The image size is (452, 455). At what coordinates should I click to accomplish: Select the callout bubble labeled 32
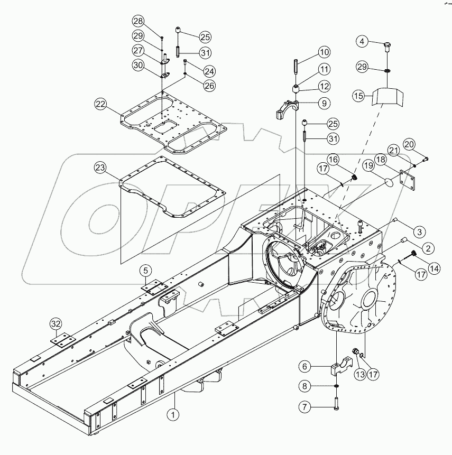pos(56,324)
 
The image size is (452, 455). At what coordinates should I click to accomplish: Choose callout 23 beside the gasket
pos(100,168)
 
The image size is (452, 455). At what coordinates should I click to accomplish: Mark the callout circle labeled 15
pos(359,96)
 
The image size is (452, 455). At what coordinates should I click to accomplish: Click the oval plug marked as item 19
pos(388,183)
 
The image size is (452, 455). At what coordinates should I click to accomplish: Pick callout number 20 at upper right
pos(410,144)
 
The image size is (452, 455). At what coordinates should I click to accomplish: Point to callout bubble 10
pos(324,52)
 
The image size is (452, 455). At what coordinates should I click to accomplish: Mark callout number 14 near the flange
pos(435,268)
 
